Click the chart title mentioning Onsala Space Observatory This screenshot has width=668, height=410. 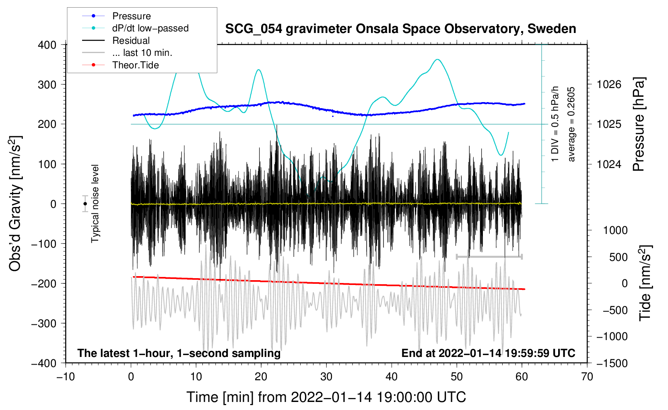coord(400,29)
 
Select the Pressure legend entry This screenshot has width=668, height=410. coord(131,16)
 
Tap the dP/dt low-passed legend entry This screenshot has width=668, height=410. coord(150,28)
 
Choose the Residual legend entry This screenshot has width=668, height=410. coord(131,41)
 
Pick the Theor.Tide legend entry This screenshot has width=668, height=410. coord(135,65)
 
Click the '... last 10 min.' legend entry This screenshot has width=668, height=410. coord(142,53)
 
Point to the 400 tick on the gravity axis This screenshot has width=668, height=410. coord(47,45)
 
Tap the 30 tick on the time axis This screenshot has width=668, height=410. coord(326,377)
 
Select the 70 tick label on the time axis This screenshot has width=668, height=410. coord(587,377)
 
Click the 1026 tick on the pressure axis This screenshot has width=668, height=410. coord(609,84)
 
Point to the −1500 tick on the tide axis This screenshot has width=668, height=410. coord(612,363)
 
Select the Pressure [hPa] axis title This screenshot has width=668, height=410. coord(639,125)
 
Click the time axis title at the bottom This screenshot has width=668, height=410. coord(326,397)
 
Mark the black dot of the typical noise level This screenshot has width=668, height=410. coord(85,204)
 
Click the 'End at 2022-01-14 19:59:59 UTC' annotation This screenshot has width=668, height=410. coord(488,353)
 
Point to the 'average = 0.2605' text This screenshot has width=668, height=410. coord(571,125)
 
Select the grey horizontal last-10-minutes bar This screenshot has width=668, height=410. coord(489,256)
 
